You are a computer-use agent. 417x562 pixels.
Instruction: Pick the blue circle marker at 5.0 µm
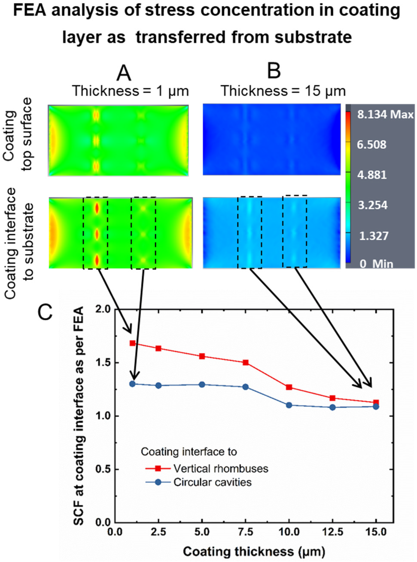(202, 385)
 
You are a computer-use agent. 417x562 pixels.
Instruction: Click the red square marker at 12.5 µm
(332, 398)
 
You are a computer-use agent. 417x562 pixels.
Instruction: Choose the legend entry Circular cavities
(212, 482)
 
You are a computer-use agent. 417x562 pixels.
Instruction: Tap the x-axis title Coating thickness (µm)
(254, 543)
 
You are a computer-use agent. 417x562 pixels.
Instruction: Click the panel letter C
(45, 313)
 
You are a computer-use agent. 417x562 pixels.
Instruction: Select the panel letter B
(274, 72)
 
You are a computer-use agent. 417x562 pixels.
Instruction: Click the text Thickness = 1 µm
(131, 91)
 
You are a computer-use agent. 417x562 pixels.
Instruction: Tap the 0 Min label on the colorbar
(376, 264)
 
